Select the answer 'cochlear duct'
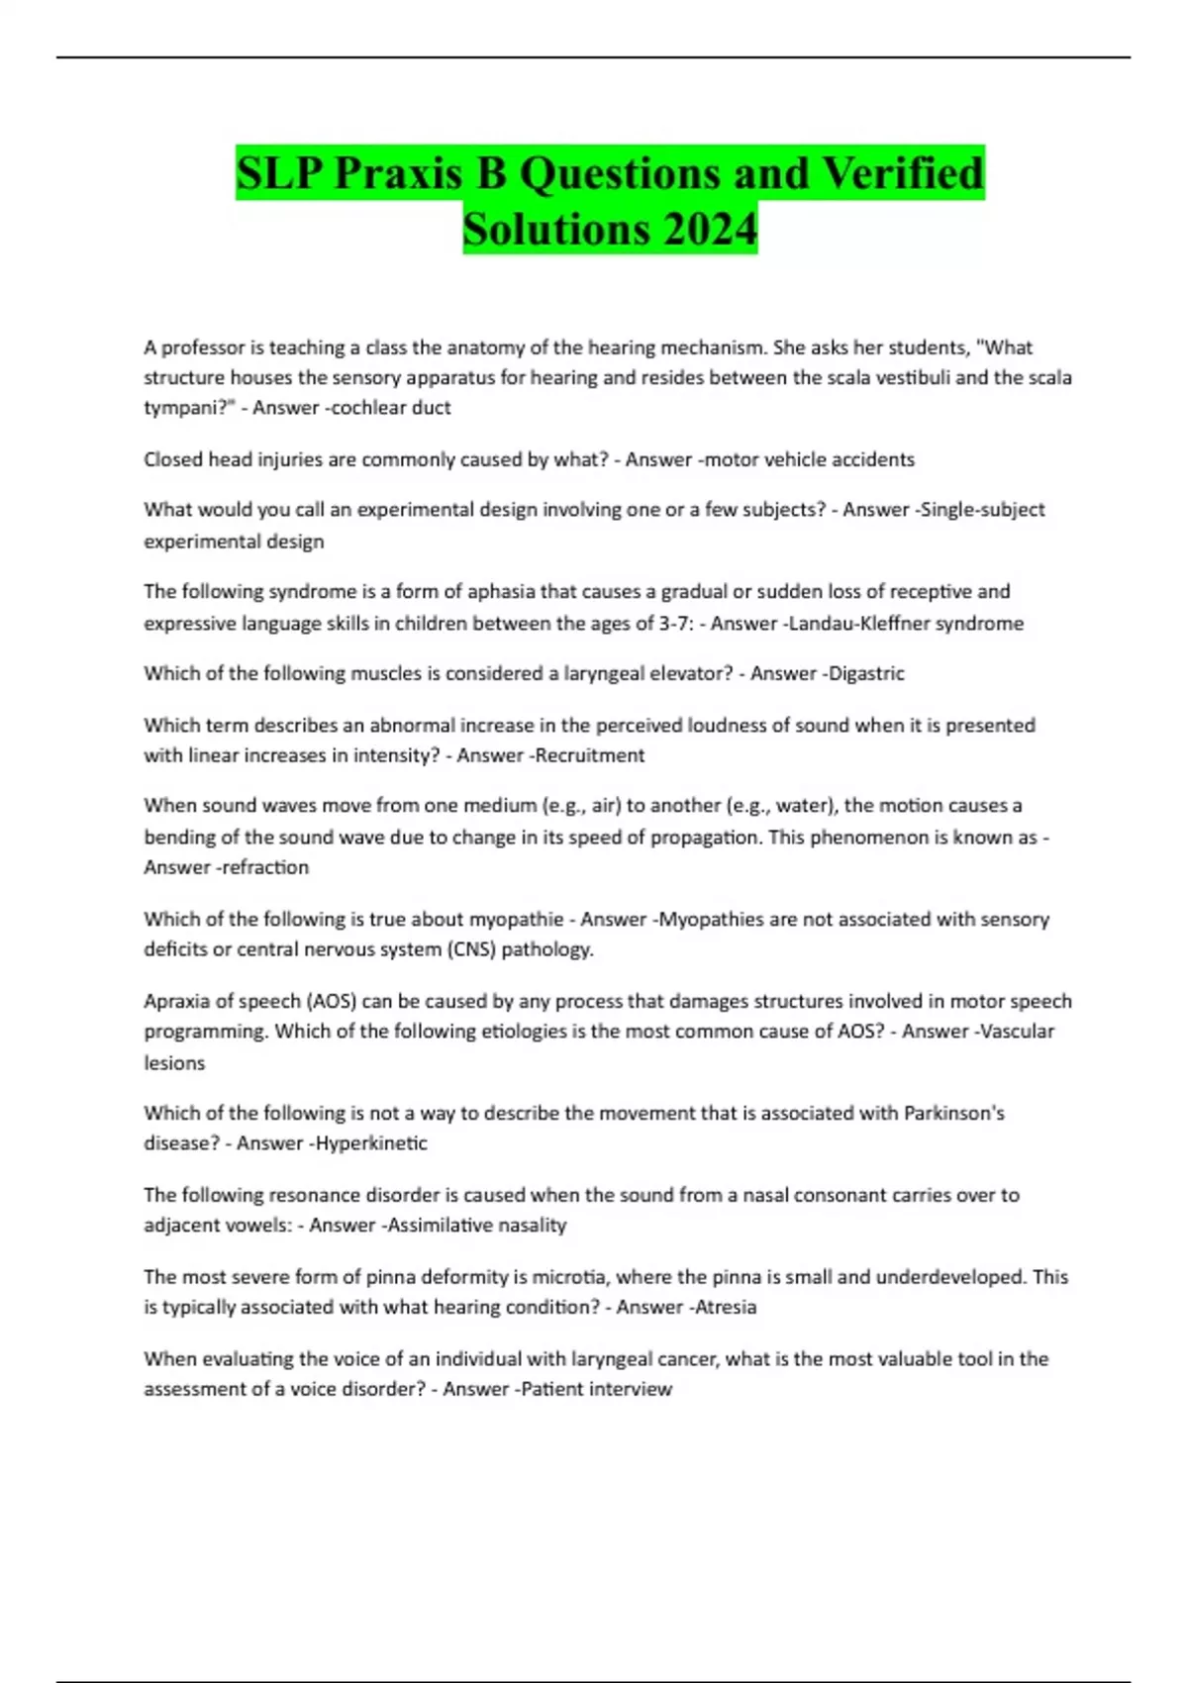pos(391,408)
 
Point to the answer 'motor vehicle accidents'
pos(809,459)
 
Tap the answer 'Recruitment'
pos(590,755)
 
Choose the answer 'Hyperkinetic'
pos(371,1143)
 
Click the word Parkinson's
pos(953,1113)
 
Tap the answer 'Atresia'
pos(726,1308)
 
